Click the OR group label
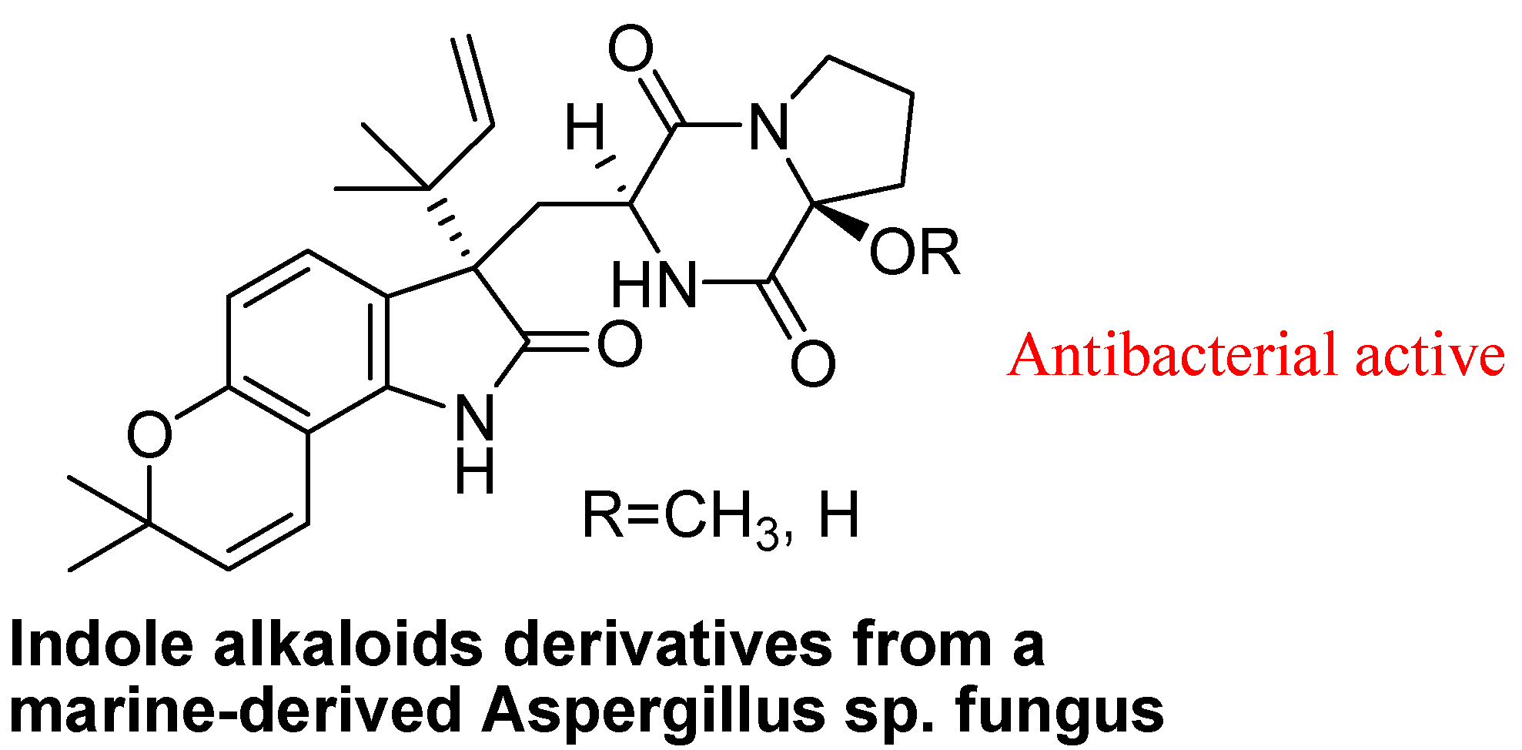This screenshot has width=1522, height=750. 915,252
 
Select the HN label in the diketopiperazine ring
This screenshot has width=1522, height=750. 654,285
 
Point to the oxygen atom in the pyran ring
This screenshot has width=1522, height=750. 149,435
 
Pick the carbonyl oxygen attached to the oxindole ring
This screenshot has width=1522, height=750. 619,344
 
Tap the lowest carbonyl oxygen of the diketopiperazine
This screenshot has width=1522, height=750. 813,363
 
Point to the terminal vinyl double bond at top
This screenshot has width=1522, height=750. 471,79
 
